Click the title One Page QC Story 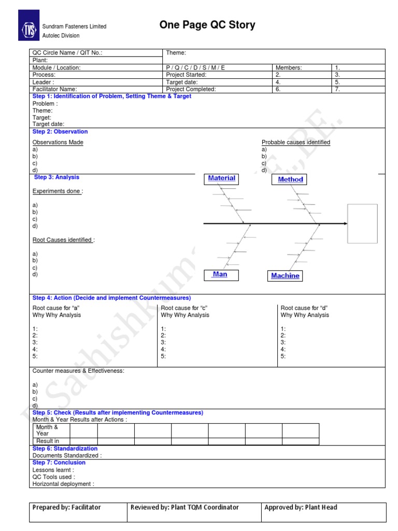[207, 25]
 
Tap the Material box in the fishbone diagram [221, 178]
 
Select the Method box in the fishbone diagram [290, 179]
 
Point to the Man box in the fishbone [220, 274]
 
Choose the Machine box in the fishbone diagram [285, 276]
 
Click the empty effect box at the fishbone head [362, 223]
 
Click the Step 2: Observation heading [60, 132]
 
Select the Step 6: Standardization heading [65, 449]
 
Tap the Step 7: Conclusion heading [59, 463]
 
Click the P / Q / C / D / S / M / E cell [195, 68]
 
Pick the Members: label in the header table [289, 68]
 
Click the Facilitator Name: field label [54, 89]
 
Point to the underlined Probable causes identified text [295, 143]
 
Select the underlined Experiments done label [58, 191]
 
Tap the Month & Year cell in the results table [47, 430]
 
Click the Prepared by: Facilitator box [78, 511]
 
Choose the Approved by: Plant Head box [323, 511]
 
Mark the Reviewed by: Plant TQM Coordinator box [194, 511]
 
